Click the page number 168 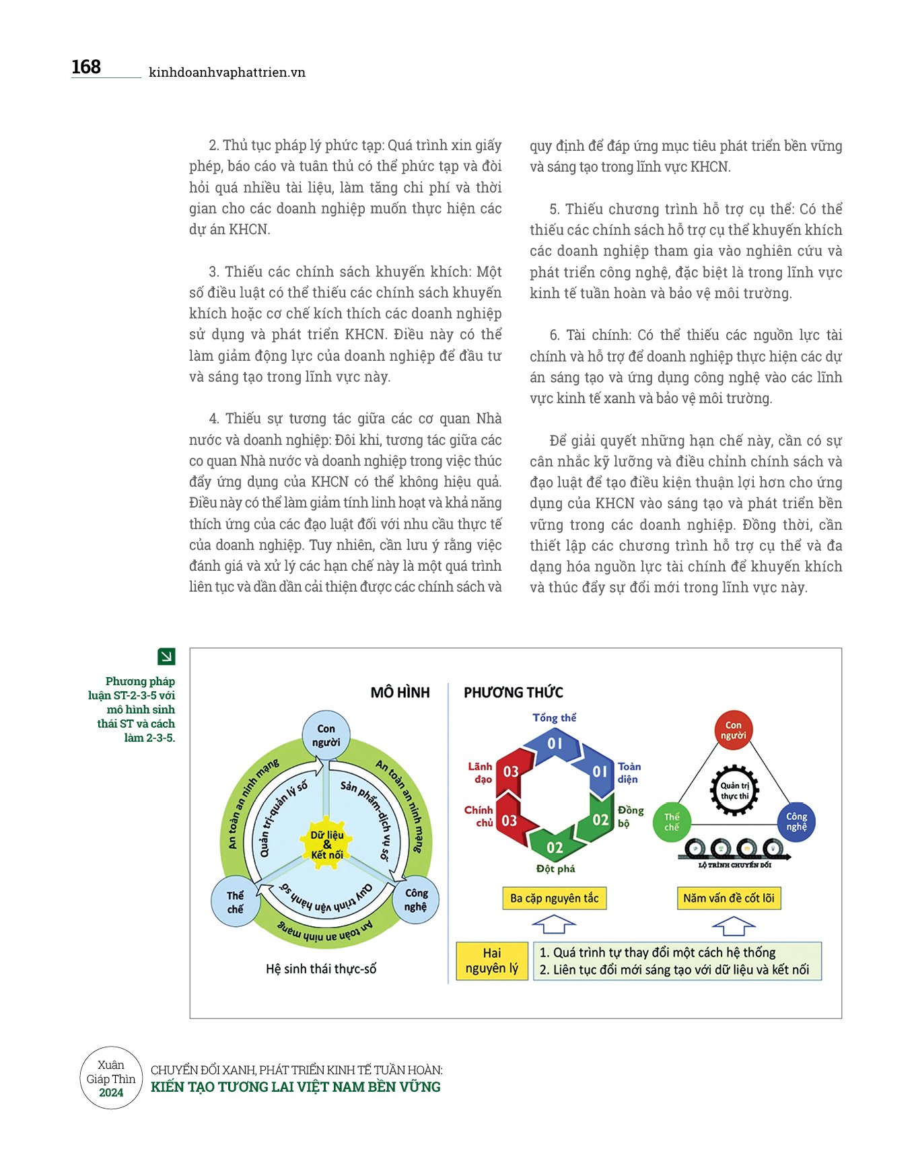click(x=86, y=67)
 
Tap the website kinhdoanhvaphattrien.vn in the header click(x=227, y=73)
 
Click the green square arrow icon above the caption click(x=166, y=656)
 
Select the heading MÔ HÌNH click(x=400, y=693)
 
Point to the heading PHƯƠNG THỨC click(x=513, y=693)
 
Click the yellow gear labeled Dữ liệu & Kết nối click(x=327, y=844)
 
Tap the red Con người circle click(x=733, y=730)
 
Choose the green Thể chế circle click(x=672, y=822)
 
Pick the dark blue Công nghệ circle click(x=796, y=822)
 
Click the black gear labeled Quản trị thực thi click(x=734, y=791)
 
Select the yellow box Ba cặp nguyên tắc click(x=554, y=898)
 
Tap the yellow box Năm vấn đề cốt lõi click(x=728, y=898)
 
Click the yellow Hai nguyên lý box click(x=492, y=960)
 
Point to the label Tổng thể click(x=554, y=718)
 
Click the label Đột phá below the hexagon click(x=555, y=868)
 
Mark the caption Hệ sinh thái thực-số click(x=321, y=969)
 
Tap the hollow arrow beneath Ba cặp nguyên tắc click(x=553, y=926)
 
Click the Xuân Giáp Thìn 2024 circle click(x=111, y=1078)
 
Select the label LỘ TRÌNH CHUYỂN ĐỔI click(x=734, y=865)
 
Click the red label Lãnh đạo click(x=481, y=773)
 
